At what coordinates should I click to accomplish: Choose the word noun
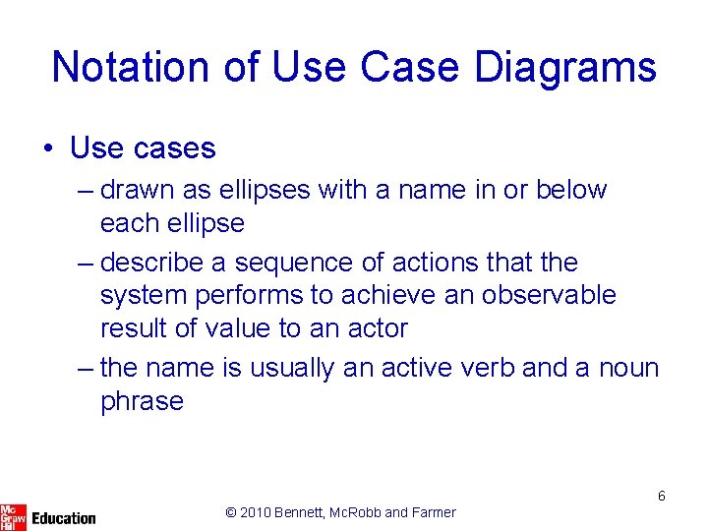[628, 368]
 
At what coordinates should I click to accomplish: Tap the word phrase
[142, 401]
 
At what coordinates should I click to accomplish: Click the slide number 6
[662, 496]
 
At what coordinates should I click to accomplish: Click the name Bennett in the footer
[308, 512]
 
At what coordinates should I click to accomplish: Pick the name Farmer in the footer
[434, 512]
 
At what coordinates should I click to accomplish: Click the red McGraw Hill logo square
[13, 515]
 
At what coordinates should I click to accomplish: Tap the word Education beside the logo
[64, 518]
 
